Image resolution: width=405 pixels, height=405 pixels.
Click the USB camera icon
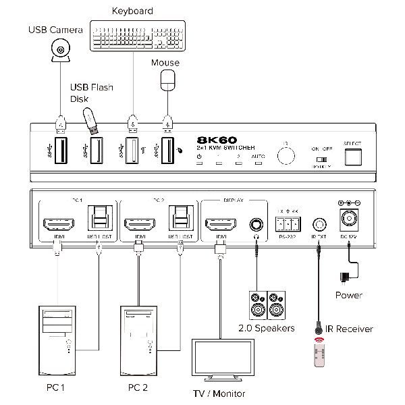click(x=61, y=50)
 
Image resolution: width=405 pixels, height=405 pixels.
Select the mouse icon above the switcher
click(x=167, y=80)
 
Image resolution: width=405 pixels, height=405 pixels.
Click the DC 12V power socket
click(x=350, y=220)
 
